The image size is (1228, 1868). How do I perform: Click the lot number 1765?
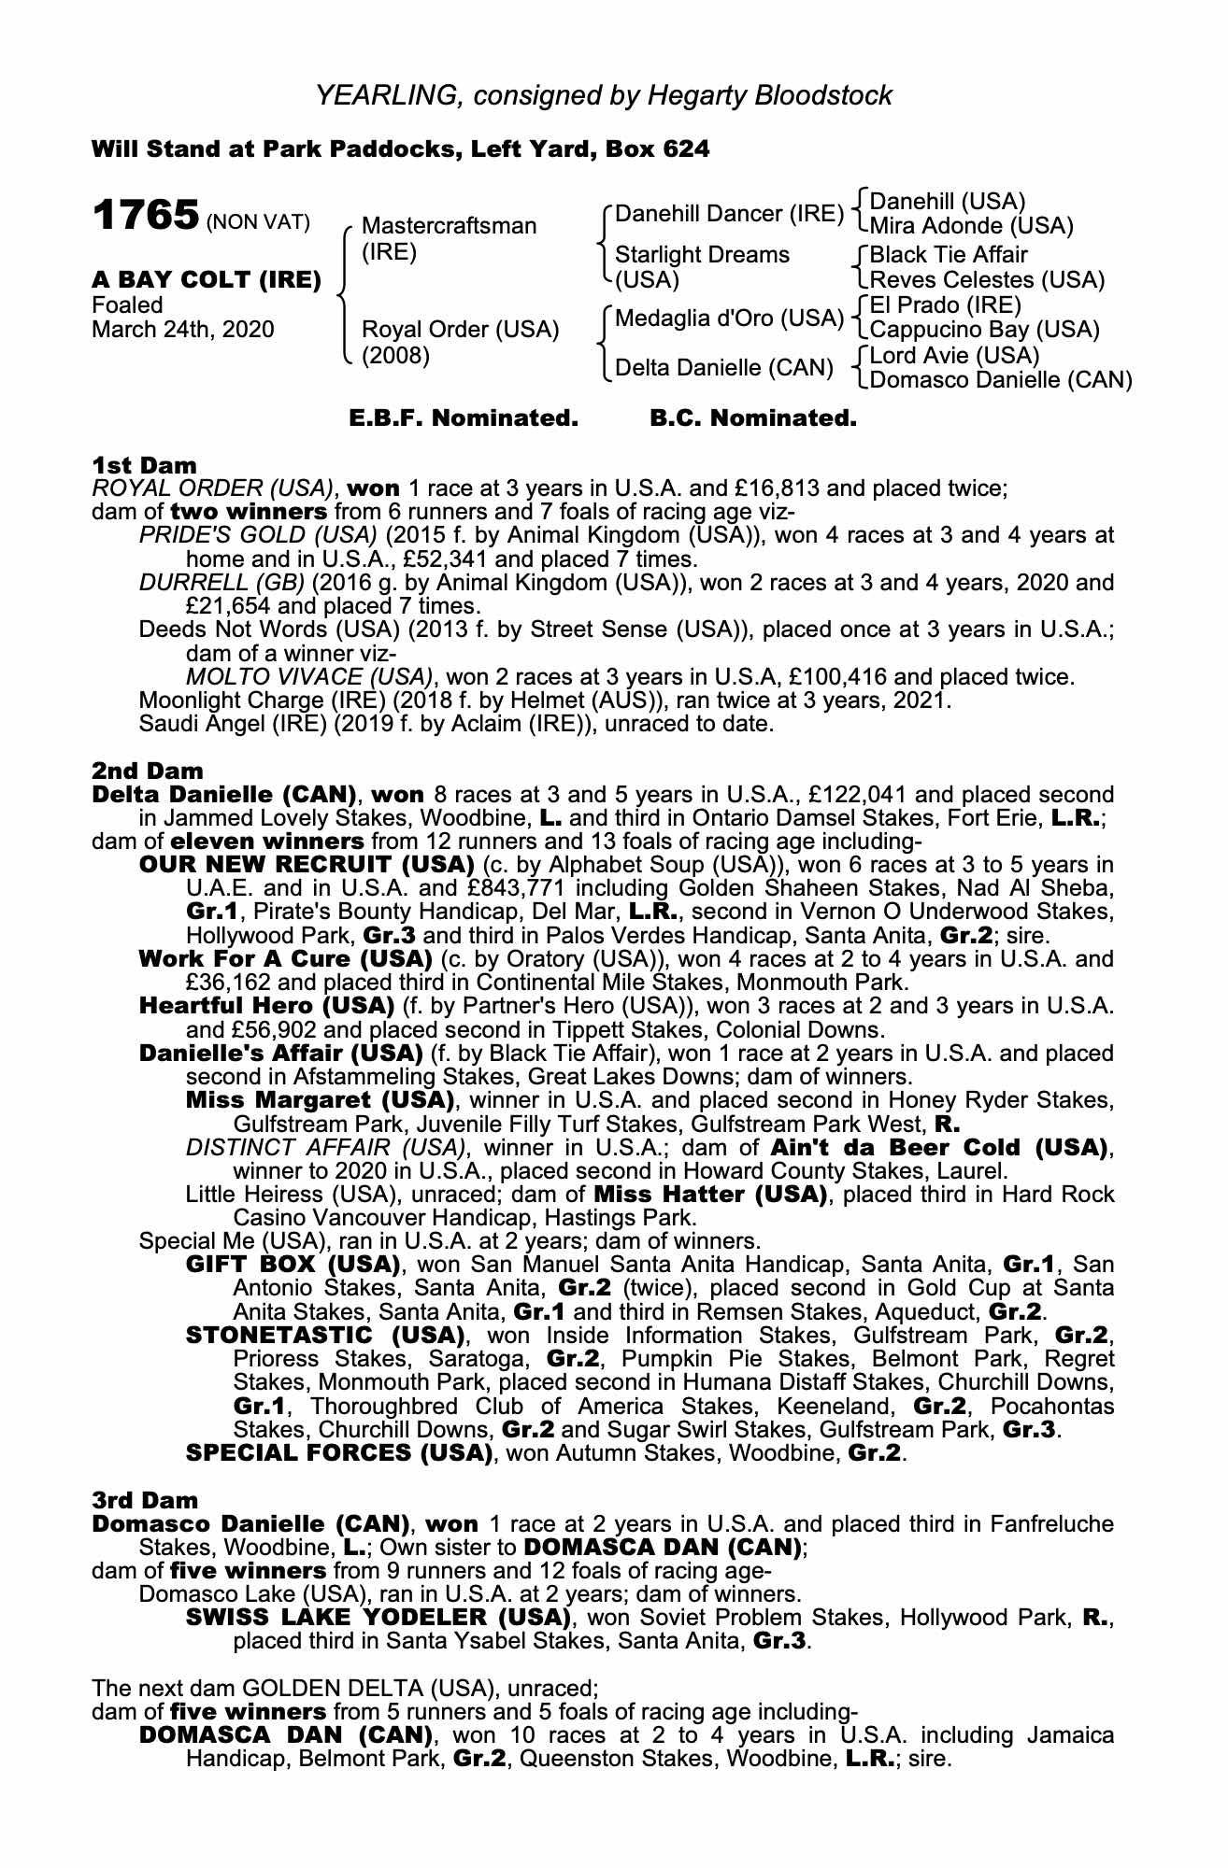coord(145,216)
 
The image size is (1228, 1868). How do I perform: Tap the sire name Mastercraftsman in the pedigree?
coord(449,226)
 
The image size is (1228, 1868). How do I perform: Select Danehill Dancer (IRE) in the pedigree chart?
coord(730,214)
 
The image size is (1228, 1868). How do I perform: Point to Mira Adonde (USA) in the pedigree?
coord(971,226)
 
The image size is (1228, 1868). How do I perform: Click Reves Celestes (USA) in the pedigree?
coord(987,279)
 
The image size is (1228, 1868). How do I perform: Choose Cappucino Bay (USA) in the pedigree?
coord(984,330)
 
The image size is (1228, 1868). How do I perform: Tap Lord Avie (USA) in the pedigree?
coord(954,356)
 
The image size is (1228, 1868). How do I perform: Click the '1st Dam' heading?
coord(145,464)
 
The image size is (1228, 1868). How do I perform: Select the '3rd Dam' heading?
coord(146,1500)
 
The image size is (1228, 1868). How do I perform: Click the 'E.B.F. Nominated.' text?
coord(464,418)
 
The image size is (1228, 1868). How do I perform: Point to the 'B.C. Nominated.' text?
coord(752,418)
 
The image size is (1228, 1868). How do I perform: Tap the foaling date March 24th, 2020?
coord(183,330)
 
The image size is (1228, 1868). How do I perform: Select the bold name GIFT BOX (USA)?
coord(293,1265)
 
